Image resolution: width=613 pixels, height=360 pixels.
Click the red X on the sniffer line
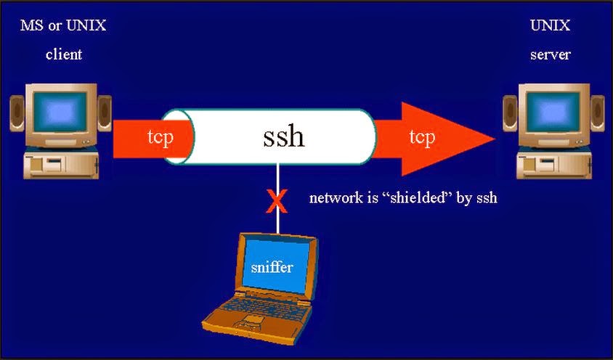pos(277,200)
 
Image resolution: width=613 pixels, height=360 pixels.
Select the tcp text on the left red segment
pos(159,137)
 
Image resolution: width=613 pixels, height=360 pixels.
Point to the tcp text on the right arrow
pos(422,136)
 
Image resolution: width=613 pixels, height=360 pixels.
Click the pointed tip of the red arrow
pos(496,138)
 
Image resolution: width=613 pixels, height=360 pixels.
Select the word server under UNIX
pos(551,54)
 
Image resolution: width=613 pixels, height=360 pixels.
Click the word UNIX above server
pos(551,26)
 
